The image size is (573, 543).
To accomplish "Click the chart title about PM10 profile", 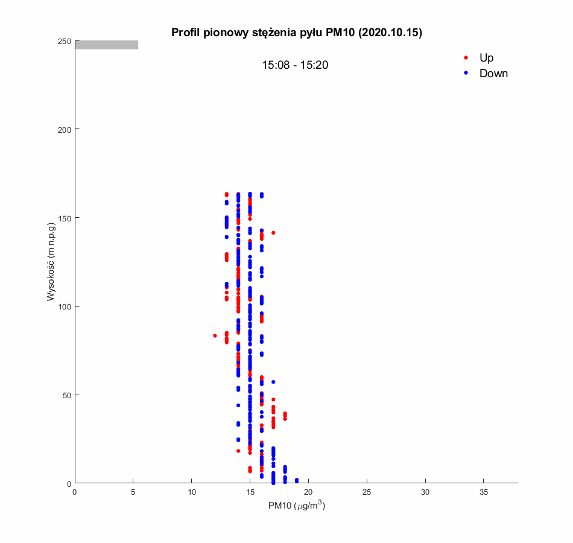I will (297, 33).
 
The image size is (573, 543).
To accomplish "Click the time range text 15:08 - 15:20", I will (295, 65).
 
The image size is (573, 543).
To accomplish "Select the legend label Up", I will (486, 58).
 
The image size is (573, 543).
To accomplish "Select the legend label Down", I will (493, 74).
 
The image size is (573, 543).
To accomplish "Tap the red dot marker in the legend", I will (466, 58).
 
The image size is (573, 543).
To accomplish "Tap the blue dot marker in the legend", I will (466, 73).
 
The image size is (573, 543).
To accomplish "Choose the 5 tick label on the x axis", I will (133, 492).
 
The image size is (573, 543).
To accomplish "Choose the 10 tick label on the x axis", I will (191, 492).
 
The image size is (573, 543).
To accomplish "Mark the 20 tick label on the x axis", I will (308, 492).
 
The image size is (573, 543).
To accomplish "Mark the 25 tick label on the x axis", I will (367, 492).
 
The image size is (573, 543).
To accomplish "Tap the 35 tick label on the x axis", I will (483, 492).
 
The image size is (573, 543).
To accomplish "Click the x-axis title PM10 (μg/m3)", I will (297, 506).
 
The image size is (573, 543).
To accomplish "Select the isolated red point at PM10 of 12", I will (215, 335).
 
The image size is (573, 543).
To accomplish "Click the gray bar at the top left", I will (107, 45).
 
